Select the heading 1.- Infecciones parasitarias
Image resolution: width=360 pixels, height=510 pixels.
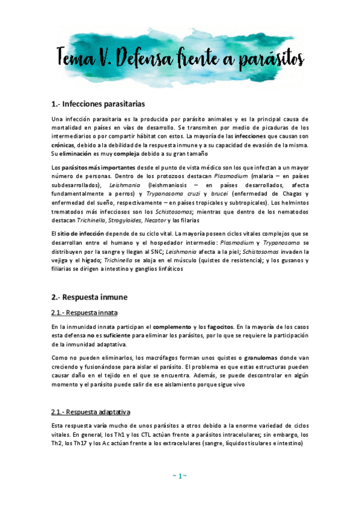click(98, 104)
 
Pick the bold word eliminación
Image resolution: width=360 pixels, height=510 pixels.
click(79, 154)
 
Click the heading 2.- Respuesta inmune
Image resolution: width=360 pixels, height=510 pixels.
click(90, 297)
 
